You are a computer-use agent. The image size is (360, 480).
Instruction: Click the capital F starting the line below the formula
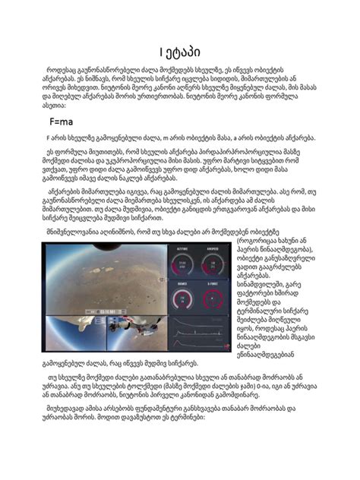[x=49, y=138]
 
